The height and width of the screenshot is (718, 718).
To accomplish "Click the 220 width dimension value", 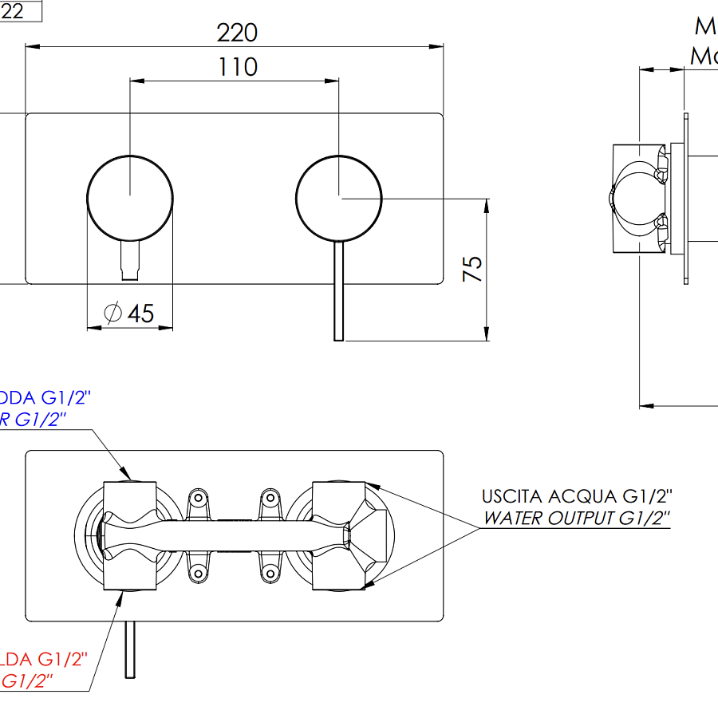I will coord(237,33).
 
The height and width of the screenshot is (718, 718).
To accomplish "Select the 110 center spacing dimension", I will coord(238,67).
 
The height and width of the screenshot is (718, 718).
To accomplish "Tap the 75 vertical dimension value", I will coord(473,268).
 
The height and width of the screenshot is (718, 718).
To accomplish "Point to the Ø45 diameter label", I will coord(129,314).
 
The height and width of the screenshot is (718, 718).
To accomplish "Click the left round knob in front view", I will coord(129,195).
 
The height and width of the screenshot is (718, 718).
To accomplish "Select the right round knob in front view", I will coord(338,195).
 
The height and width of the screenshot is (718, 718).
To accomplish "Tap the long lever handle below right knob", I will coord(338,291).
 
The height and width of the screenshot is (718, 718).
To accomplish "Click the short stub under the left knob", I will coord(129,261).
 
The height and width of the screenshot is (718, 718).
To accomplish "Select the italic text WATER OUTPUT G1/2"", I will coord(576,518).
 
